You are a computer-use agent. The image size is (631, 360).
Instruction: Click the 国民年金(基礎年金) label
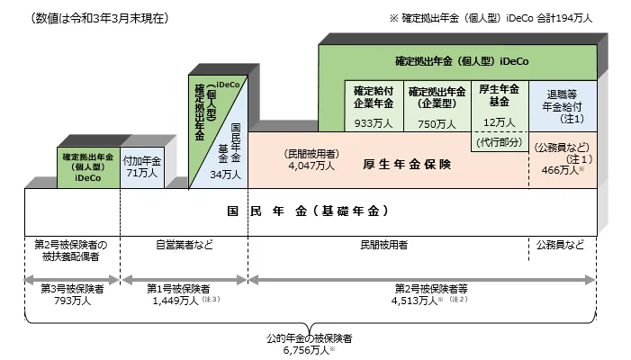(308, 211)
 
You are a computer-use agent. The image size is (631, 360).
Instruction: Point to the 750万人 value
(437, 122)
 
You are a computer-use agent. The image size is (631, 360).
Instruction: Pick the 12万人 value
(497, 122)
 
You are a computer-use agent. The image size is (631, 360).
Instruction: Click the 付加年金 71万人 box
(141, 166)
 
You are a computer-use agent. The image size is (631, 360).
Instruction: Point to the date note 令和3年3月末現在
(99, 18)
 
